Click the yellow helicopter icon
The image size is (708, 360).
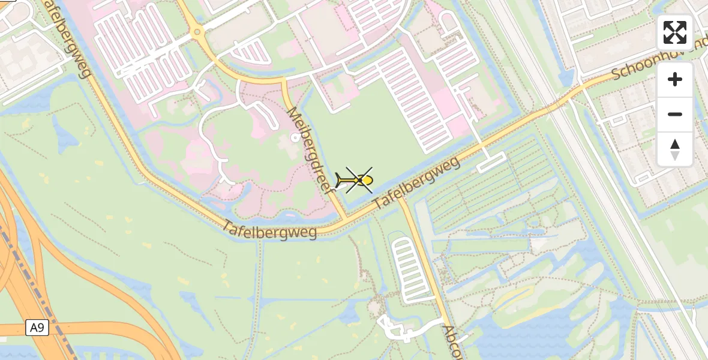[x=358, y=180]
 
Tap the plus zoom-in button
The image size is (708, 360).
[x=675, y=80]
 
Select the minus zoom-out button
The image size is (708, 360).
[x=675, y=114]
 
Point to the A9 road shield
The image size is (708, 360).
[x=37, y=328]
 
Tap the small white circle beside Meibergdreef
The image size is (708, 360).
[x=294, y=137]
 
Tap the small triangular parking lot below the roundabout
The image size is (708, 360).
[x=250, y=53]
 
